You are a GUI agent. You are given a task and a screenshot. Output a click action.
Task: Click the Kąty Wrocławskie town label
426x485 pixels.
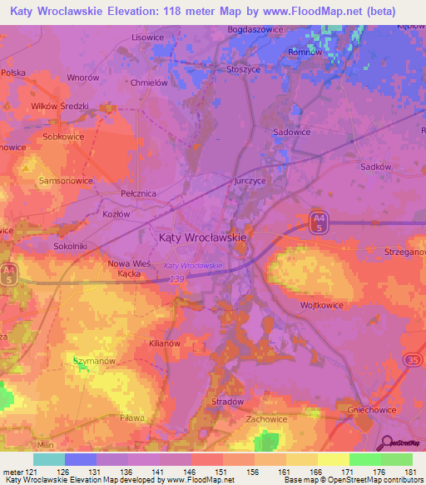point(202,237)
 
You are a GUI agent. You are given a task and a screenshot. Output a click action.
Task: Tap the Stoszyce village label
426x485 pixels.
point(243,70)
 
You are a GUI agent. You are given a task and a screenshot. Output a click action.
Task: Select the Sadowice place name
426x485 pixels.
point(292,132)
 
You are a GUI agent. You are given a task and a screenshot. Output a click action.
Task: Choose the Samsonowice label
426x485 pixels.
point(66,180)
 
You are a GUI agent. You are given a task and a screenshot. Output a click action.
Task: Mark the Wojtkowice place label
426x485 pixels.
point(322,305)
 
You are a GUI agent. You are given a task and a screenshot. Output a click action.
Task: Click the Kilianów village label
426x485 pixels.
point(164,343)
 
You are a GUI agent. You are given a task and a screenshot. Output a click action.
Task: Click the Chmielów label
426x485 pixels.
point(150,82)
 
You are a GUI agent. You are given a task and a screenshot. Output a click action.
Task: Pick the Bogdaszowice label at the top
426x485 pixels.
point(257,30)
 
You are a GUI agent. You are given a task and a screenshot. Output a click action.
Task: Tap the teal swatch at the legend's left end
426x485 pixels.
point(48,459)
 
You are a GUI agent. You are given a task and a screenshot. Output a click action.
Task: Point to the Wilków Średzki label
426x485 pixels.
point(59,106)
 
